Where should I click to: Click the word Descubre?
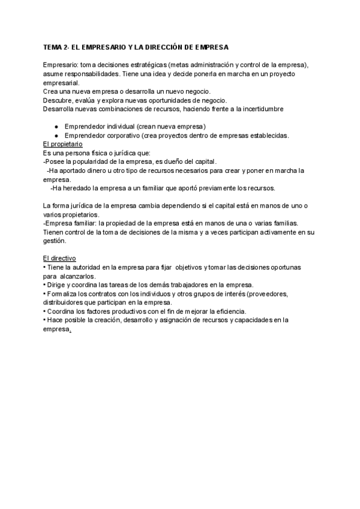[57, 100]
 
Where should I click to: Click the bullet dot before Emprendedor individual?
[56, 127]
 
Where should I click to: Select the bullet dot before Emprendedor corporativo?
[56, 136]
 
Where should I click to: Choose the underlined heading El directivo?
[59, 258]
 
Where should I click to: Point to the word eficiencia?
[229, 311]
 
